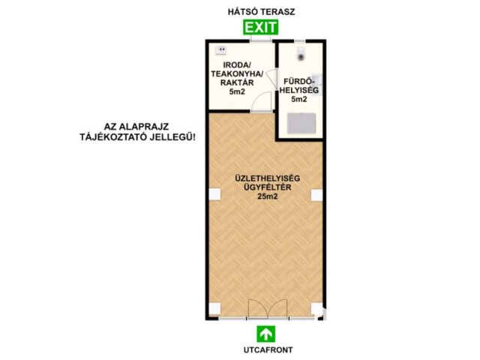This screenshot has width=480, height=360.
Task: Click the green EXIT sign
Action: pos(260,27)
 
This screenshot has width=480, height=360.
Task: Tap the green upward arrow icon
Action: pos(265,334)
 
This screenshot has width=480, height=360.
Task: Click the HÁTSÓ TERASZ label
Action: pos(262,12)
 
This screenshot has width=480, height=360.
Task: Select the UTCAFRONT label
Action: pos(268,350)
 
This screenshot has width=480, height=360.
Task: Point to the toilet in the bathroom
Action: pos(301,54)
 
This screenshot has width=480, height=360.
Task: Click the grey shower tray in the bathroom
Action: pos(301,123)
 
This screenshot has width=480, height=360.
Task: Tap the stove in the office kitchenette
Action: pos(221,50)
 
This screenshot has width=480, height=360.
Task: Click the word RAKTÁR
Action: pos(237,82)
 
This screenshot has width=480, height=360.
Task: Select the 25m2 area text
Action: pos(268,196)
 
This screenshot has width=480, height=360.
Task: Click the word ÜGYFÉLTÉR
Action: pos(268,187)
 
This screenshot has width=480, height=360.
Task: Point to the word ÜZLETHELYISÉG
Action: pos(268,178)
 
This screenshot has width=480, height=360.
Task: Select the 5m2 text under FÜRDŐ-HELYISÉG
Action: pos(299,99)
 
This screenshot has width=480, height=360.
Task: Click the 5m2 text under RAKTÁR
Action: pos(237,91)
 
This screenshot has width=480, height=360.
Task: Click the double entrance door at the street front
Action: pos(268,309)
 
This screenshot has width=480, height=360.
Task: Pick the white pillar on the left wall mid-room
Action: pos(215,195)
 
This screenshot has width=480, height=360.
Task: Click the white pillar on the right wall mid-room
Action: pos(316,195)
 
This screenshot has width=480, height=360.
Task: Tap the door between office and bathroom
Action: pos(271,79)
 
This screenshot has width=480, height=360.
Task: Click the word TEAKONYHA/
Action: pos(237,73)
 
